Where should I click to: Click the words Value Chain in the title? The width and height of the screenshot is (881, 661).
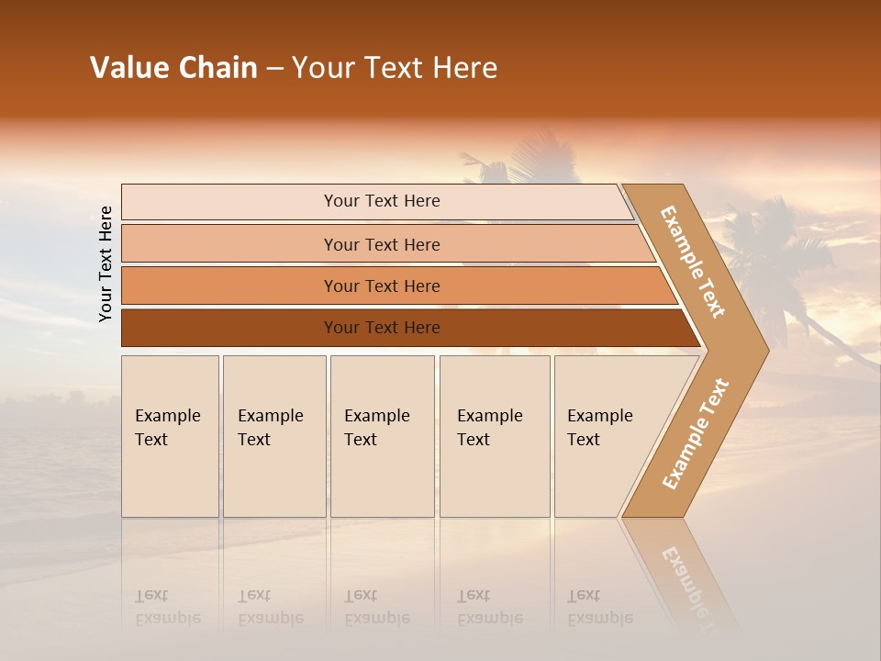tap(173, 68)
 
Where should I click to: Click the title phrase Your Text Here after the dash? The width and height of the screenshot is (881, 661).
tap(395, 68)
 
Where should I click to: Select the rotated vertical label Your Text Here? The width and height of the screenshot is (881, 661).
tap(106, 263)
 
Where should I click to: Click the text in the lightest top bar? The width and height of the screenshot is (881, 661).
tap(382, 201)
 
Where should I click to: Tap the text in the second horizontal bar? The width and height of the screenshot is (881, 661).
tap(382, 244)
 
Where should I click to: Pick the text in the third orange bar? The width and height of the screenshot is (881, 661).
tap(382, 286)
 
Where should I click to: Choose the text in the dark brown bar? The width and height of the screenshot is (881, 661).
tap(382, 328)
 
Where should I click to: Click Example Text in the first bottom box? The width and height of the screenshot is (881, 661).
tap(167, 428)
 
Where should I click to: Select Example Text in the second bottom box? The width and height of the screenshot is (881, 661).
tap(270, 428)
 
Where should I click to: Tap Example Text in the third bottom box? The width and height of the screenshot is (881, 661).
tap(376, 428)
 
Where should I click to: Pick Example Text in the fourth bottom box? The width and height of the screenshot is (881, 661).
tap(489, 428)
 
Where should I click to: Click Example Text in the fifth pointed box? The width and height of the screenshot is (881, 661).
tap(599, 428)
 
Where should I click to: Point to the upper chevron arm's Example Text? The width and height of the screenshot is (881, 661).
tap(693, 262)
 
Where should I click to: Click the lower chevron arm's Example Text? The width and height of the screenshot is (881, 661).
tap(696, 434)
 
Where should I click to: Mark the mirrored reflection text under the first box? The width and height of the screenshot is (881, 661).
tap(167, 607)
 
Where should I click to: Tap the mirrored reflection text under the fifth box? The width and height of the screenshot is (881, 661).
tap(599, 607)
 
